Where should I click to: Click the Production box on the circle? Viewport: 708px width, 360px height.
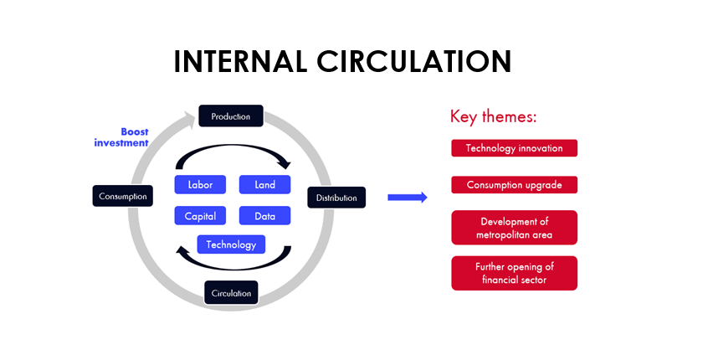pyautogui.click(x=230, y=116)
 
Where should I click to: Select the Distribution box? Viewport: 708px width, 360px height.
pyautogui.click(x=336, y=198)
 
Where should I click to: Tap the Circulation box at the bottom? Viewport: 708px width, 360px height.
pyautogui.click(x=231, y=293)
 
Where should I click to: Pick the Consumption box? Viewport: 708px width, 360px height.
pyautogui.click(x=123, y=197)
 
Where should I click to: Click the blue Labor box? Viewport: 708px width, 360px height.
pyautogui.click(x=201, y=184)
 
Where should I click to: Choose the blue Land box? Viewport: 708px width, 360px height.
pyautogui.click(x=264, y=184)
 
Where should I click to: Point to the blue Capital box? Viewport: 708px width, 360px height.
pyautogui.click(x=201, y=216)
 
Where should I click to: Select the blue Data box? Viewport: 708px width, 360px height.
pyautogui.click(x=264, y=216)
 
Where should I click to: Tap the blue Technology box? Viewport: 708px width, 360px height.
pyautogui.click(x=231, y=244)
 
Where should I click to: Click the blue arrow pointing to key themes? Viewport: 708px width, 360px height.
pyautogui.click(x=408, y=198)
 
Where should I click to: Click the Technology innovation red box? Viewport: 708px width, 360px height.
pyautogui.click(x=514, y=148)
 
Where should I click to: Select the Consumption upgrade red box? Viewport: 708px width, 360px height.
pyautogui.click(x=514, y=185)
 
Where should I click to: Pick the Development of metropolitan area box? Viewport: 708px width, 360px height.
pyautogui.click(x=514, y=228)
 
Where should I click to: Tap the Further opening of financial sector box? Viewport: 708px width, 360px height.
pyautogui.click(x=514, y=273)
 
